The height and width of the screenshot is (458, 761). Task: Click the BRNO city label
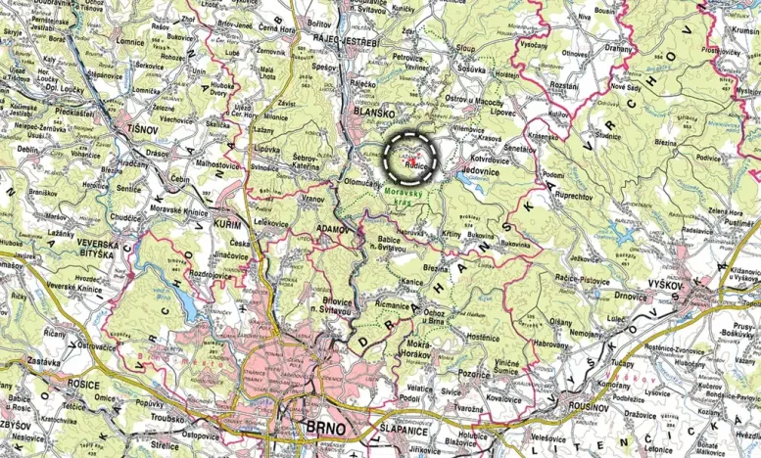pyautogui.click(x=325, y=429)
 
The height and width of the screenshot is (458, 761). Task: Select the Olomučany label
pyautogui.click(x=364, y=182)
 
